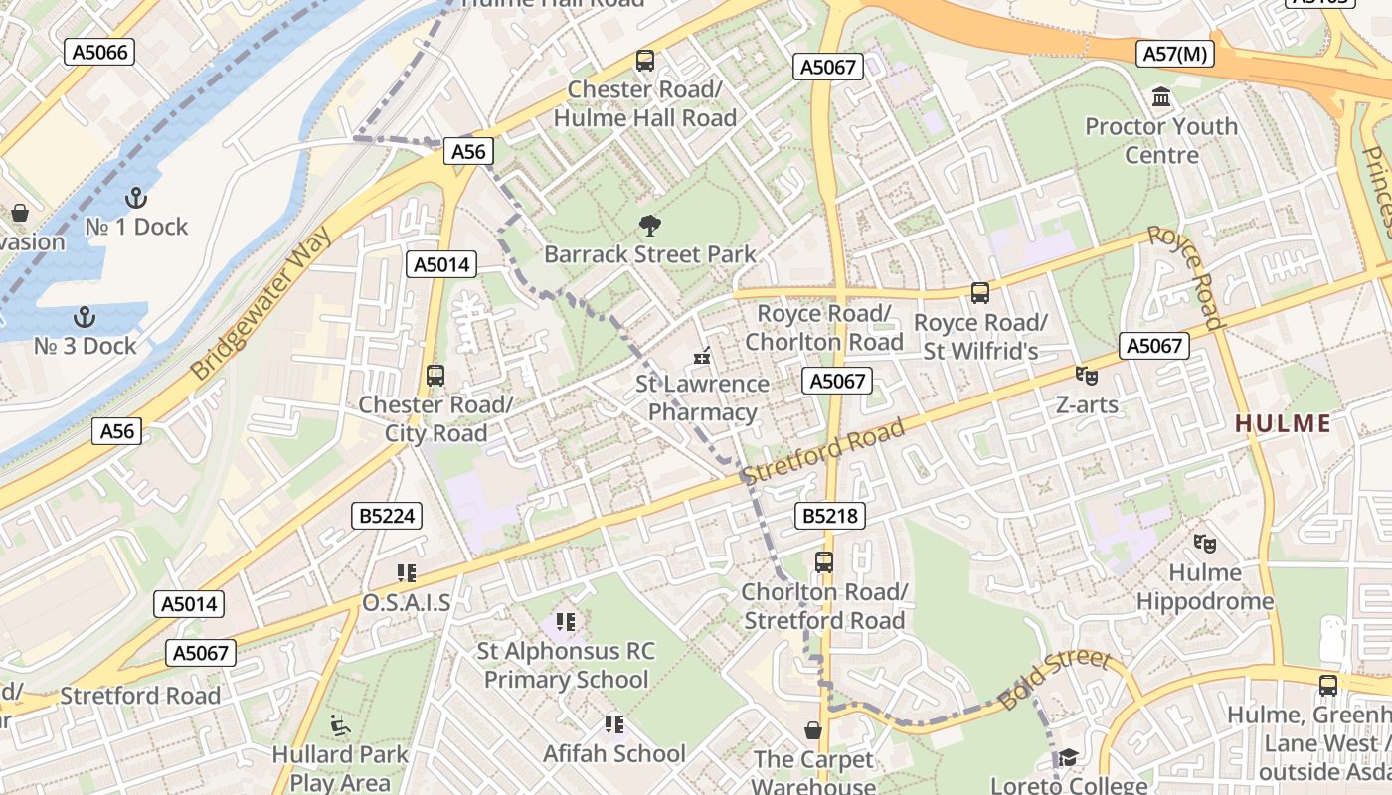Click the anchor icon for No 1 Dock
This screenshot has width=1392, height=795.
click(x=136, y=198)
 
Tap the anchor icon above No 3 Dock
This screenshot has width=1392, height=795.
click(x=85, y=317)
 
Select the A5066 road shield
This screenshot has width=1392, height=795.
click(x=99, y=52)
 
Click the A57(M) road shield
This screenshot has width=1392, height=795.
click(x=1175, y=54)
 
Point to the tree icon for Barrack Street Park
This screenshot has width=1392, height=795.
click(x=651, y=226)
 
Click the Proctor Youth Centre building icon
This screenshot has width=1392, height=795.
click(x=1160, y=97)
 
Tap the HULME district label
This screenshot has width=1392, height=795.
click(x=1283, y=424)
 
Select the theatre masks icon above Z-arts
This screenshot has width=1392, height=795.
click(x=1086, y=376)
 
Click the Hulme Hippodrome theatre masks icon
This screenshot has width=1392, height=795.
click(x=1205, y=544)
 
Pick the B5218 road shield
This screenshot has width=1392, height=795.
click(x=830, y=516)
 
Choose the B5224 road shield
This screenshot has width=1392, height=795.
click(x=388, y=516)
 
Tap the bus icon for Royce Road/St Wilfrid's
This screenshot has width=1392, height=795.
click(x=980, y=293)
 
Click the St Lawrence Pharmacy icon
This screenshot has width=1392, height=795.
click(x=703, y=355)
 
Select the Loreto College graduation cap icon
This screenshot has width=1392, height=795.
click(x=1068, y=758)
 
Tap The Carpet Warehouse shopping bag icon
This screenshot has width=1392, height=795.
click(x=813, y=731)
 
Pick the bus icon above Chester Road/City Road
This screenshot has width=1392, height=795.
click(x=435, y=376)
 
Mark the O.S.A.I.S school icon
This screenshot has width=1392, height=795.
click(x=406, y=573)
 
